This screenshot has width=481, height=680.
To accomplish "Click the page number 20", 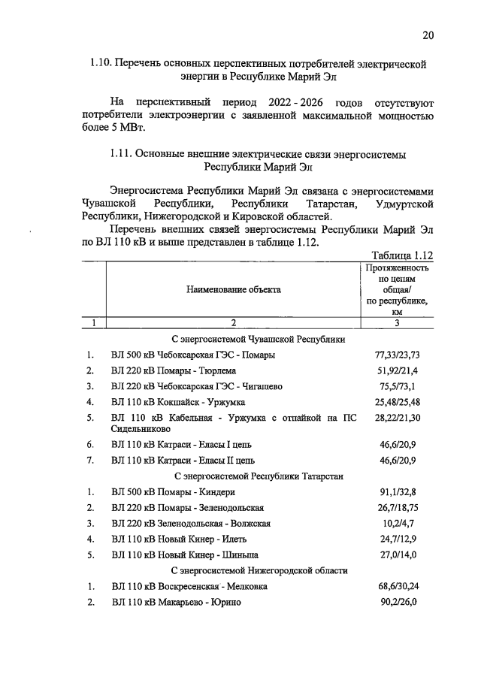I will [428, 35].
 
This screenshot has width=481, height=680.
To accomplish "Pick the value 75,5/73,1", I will [397, 386].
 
